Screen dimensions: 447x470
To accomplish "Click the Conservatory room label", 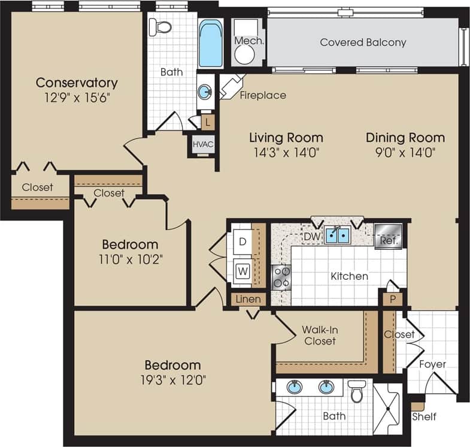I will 77,83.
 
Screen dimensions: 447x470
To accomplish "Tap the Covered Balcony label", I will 363,43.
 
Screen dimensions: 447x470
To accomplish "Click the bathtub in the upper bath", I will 210,44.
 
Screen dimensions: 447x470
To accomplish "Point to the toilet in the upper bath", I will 160,27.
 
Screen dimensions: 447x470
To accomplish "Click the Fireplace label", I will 263,95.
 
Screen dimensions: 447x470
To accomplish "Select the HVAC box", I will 202,144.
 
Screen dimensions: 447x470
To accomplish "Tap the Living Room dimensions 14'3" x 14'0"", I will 286,152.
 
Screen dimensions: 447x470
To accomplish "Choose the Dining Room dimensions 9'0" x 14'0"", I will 405,152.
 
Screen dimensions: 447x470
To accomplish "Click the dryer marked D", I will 242,241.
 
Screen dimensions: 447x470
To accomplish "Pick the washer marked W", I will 242,270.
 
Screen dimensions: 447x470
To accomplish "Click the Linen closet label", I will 247,299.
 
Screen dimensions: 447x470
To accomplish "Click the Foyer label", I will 432,364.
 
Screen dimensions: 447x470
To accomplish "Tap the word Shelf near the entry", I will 424,416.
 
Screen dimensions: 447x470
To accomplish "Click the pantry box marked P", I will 392,298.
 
